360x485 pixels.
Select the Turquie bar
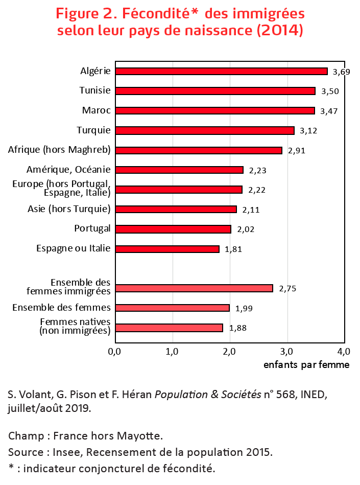[205, 130]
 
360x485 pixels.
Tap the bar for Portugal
[173, 229]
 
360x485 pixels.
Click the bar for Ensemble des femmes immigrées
[194, 288]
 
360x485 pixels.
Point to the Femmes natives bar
[169, 328]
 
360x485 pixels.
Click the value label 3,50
[330, 91]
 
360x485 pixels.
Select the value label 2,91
[297, 151]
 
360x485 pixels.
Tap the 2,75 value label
[287, 289]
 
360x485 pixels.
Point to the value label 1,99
[244, 308]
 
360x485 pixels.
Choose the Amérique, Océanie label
[68, 170]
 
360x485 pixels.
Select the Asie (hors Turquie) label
[69, 209]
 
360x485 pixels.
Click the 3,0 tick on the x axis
[286, 351]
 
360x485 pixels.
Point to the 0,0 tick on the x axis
[114, 351]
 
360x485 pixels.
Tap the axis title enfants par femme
[306, 365]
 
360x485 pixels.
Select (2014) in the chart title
[280, 30]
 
